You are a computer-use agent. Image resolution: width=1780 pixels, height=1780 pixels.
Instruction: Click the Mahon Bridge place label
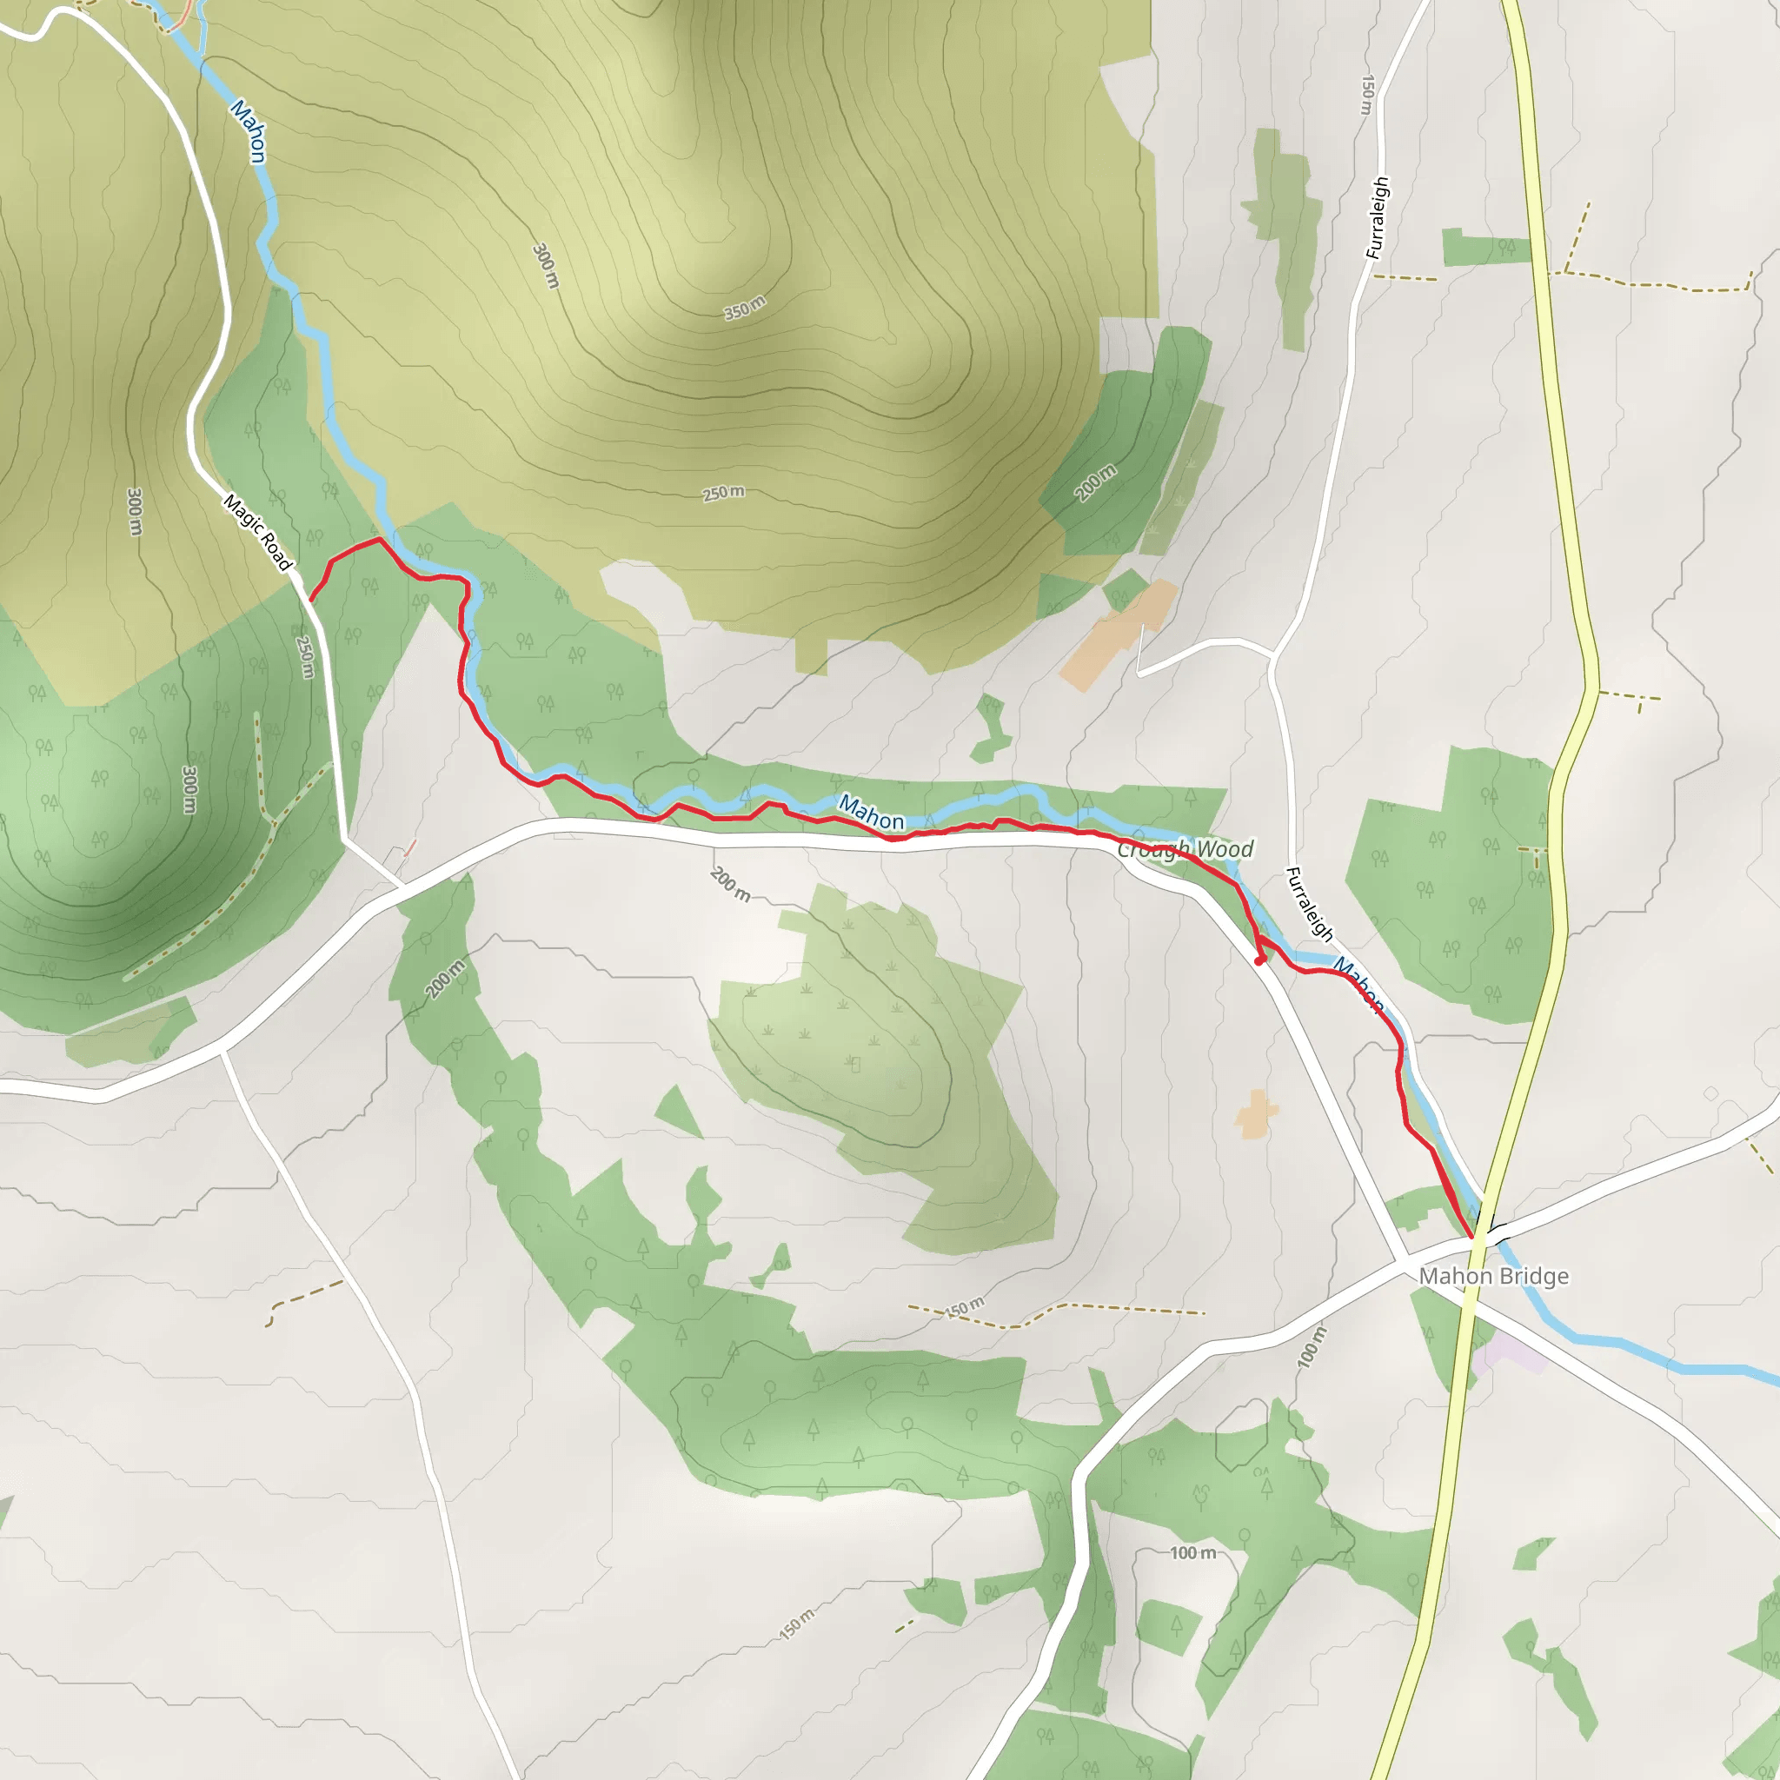click(1493, 1276)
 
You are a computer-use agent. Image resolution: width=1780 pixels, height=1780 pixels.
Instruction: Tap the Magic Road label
click(258, 532)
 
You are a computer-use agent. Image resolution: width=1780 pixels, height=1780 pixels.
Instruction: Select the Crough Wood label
click(1186, 848)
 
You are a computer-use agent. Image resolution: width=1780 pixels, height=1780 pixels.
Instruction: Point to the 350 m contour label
click(745, 308)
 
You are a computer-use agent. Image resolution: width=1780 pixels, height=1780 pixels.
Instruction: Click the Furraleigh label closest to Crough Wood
click(1309, 904)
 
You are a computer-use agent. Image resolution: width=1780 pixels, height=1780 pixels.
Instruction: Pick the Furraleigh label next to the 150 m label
click(1378, 217)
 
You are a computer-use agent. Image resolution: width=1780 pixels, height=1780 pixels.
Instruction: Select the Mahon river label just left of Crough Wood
click(871, 813)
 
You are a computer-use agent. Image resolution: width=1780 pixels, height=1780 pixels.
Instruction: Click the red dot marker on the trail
click(1259, 961)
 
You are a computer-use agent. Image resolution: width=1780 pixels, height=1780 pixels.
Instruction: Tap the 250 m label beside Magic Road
click(305, 657)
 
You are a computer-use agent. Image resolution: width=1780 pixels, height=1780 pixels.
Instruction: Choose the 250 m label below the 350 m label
click(723, 493)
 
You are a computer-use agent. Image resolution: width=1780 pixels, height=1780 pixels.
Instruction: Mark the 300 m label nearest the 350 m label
click(546, 266)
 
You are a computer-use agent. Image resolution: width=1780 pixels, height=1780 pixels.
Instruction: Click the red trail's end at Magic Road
click(310, 600)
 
